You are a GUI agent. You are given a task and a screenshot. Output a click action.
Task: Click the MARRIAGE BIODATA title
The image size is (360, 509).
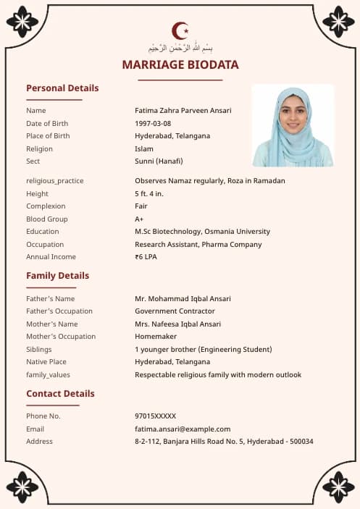[x=180, y=65]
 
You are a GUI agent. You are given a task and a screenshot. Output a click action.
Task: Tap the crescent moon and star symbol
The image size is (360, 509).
[x=180, y=30]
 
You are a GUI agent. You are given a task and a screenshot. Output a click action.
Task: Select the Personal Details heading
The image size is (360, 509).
[x=62, y=88]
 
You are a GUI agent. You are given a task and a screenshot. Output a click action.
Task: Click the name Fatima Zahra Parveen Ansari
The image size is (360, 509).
[x=183, y=111]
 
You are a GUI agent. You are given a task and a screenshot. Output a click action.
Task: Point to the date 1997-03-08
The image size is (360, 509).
[x=153, y=123]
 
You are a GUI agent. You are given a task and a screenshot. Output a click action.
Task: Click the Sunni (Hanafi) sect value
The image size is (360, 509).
[x=159, y=161]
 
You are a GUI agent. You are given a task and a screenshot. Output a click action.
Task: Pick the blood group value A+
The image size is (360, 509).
[x=139, y=219]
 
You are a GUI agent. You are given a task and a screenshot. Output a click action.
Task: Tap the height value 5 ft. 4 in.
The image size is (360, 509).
[x=149, y=193]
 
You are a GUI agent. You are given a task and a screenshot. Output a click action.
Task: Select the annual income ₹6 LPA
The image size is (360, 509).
[x=146, y=257]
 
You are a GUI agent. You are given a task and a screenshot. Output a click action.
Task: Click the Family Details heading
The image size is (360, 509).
[x=58, y=276]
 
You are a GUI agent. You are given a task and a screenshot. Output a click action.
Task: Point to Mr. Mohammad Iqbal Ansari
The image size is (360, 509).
[x=183, y=298]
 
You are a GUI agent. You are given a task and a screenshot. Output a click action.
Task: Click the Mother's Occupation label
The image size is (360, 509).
[x=61, y=337]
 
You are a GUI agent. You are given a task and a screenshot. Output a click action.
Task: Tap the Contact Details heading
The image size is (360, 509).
[x=60, y=394]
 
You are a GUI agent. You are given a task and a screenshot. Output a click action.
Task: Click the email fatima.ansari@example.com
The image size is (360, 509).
[x=183, y=429]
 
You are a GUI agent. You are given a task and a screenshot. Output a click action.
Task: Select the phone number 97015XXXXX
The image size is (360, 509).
[x=155, y=416]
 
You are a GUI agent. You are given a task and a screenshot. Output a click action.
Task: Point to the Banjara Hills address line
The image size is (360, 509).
[x=224, y=442]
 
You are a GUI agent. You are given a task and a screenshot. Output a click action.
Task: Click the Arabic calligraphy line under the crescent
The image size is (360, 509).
[x=180, y=48]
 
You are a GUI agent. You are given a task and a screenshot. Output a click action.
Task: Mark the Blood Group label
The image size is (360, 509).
[x=46, y=219]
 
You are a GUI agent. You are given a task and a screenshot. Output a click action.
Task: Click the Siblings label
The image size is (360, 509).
[x=39, y=349]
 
